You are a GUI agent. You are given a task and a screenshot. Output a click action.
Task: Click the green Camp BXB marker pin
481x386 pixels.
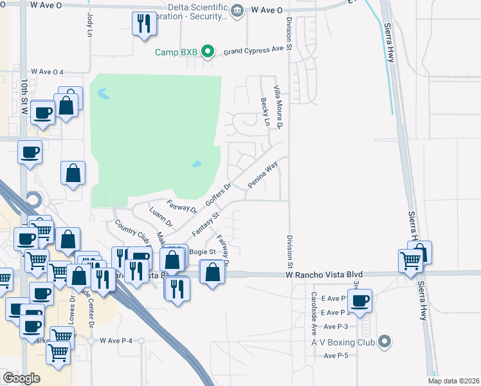click(x=207, y=51)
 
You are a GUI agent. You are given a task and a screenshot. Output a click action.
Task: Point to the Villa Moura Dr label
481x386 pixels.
click(x=279, y=106)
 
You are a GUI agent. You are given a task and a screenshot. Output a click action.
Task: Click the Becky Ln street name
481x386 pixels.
click(x=264, y=107)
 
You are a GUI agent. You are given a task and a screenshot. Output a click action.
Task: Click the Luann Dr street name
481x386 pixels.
click(x=161, y=217)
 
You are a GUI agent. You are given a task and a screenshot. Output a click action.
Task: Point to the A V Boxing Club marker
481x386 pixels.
click(x=385, y=342)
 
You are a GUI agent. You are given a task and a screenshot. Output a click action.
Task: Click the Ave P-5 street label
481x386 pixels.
click(x=336, y=356)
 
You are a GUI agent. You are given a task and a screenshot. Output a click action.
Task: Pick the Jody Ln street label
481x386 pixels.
click(x=89, y=25)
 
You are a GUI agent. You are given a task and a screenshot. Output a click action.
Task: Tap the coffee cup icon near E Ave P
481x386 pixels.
click(x=360, y=300)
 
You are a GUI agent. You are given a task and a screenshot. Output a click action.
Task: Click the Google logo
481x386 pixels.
click(x=21, y=378)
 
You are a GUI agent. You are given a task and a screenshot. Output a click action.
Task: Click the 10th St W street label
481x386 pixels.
click(x=24, y=97)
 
